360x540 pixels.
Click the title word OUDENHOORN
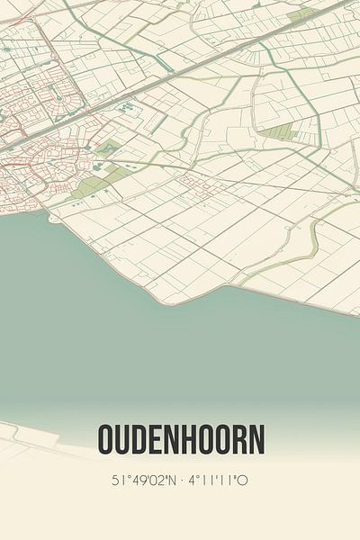point(180,441)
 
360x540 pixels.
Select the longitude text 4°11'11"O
point(218,481)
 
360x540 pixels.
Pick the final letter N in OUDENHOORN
point(257,441)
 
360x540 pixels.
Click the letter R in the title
point(240,441)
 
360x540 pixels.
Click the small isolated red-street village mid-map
point(194,184)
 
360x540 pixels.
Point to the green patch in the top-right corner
point(301,15)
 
